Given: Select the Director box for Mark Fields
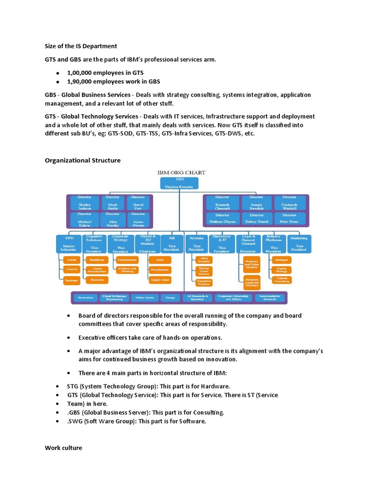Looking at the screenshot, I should tap(112, 203).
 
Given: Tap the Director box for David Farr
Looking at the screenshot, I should tap(138, 203).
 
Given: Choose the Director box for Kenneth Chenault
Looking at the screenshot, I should tap(222, 203).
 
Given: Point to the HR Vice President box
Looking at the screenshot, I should tap(171, 244).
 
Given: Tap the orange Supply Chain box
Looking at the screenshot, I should tap(159, 279).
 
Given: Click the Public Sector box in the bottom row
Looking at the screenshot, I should tap(143, 298).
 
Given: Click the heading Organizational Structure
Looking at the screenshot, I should tap(83, 160).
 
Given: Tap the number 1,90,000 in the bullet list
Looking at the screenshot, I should tap(81, 82).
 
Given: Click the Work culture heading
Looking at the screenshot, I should tap(63, 448).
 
